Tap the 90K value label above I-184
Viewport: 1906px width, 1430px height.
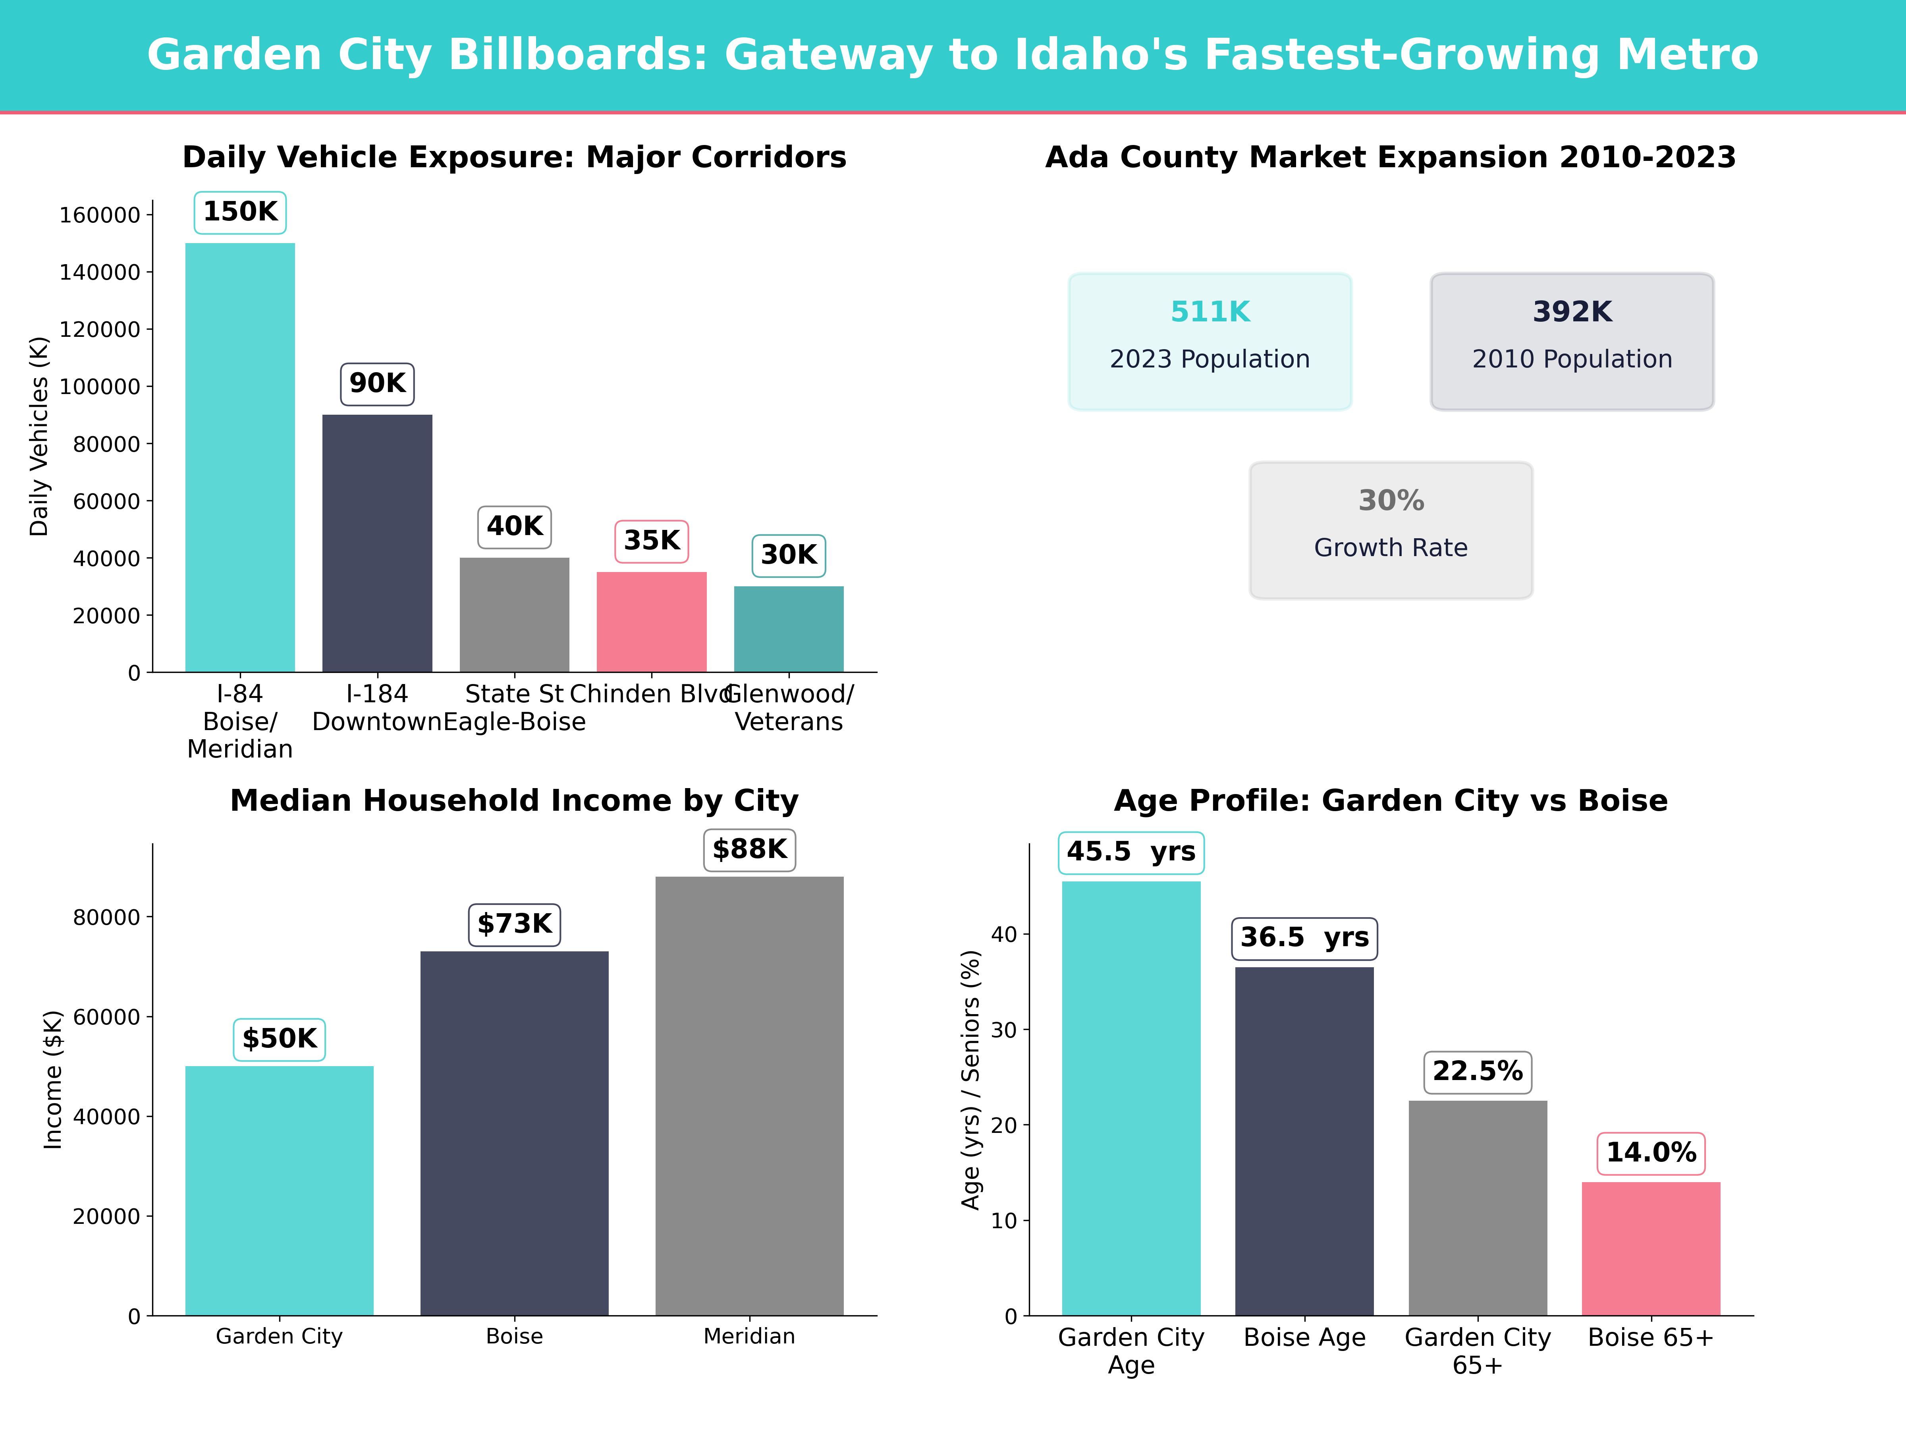coord(377,384)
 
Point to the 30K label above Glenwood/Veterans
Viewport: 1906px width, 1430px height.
coord(789,555)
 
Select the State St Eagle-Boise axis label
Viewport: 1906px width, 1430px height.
coord(514,708)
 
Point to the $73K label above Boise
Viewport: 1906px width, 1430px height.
coord(514,924)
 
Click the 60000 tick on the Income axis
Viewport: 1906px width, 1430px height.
coord(106,1017)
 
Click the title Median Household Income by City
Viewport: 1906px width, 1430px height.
coord(514,801)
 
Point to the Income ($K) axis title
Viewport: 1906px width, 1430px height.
coord(54,1079)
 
